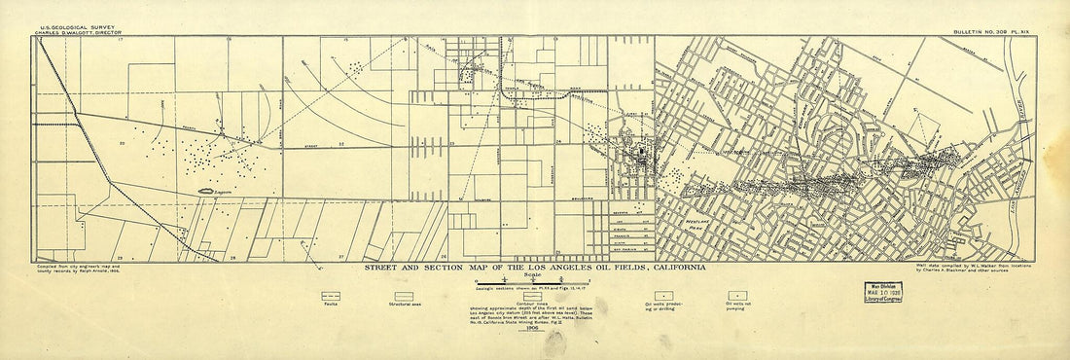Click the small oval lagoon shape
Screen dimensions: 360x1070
pos(208,191)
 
